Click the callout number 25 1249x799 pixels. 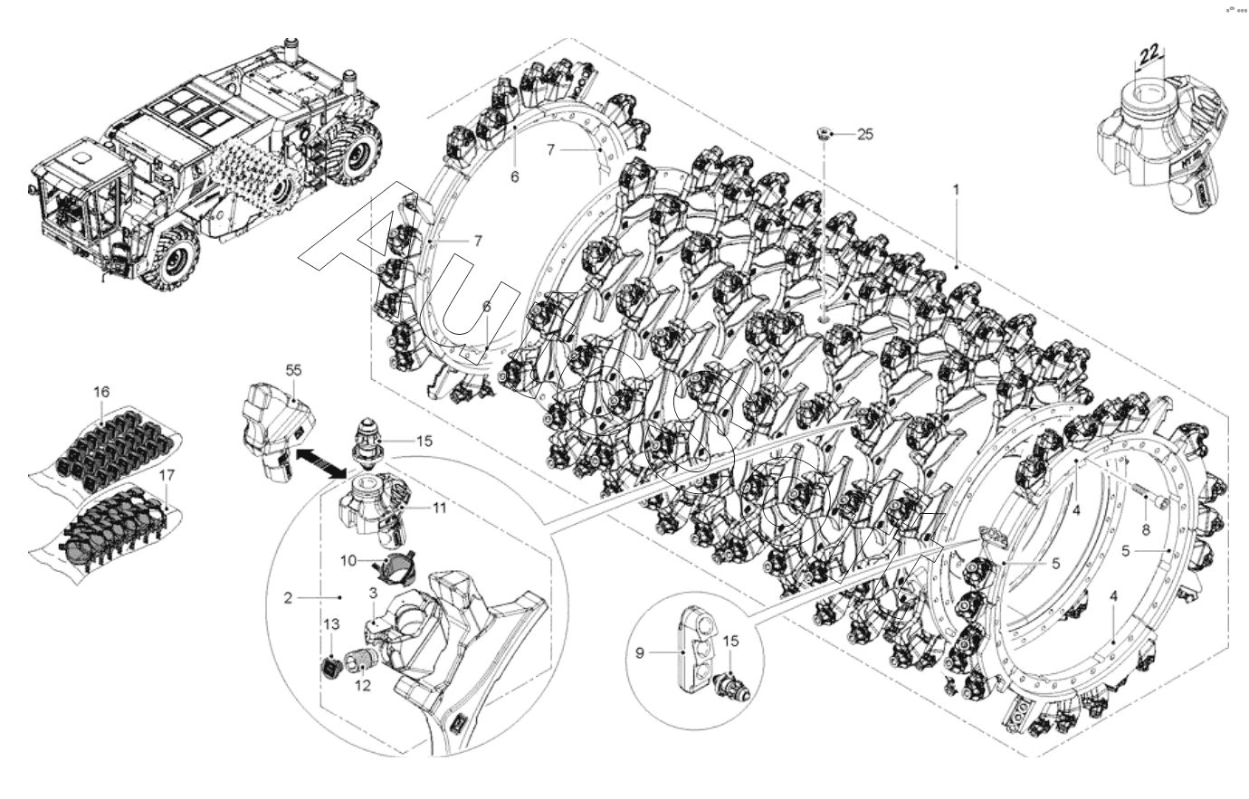865,135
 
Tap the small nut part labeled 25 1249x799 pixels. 825,134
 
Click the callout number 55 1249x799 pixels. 293,370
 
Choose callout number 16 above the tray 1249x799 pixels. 101,392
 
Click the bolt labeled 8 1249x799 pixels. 1148,495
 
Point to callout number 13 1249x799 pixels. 331,624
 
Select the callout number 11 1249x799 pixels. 439,509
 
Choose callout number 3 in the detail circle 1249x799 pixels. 372,592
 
